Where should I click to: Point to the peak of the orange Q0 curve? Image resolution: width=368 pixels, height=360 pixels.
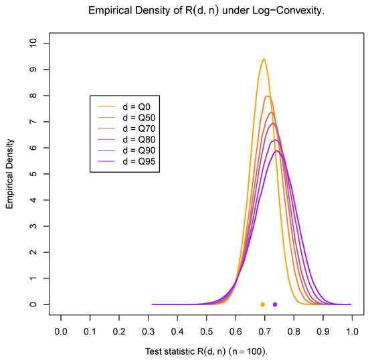point(264,59)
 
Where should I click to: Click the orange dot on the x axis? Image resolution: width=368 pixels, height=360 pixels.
point(263,304)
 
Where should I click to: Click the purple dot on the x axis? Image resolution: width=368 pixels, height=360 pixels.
point(275,304)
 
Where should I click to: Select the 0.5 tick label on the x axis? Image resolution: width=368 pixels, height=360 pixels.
point(206,331)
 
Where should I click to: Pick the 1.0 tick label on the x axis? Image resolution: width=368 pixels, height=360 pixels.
point(352,331)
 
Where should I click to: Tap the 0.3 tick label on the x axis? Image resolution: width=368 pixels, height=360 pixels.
point(148,331)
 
